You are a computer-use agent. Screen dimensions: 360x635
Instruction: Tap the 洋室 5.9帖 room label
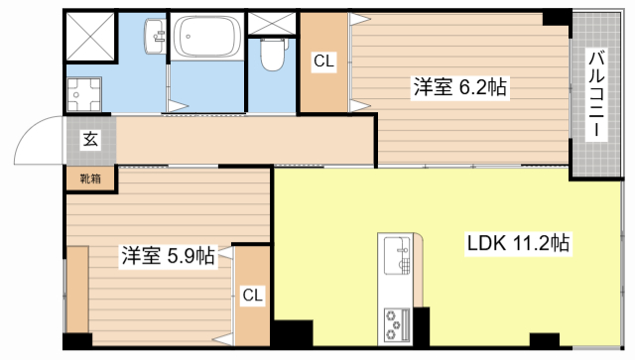point(168,255)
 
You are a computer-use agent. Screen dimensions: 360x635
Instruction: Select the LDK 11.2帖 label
point(517,243)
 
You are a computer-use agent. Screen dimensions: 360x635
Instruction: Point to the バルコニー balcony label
point(596,96)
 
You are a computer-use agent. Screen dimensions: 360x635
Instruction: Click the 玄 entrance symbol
point(89,140)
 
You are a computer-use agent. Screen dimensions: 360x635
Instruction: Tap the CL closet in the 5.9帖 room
point(253,295)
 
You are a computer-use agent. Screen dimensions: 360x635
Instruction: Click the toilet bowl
point(270,56)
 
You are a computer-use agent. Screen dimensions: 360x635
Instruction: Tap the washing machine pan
point(85,96)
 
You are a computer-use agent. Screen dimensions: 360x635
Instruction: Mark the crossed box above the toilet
point(269,22)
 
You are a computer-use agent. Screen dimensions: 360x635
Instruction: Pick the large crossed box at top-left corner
point(92,36)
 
